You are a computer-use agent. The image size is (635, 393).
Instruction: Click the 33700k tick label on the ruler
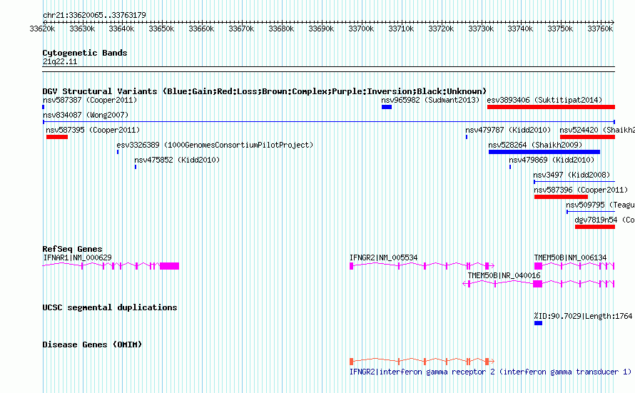click(x=361, y=29)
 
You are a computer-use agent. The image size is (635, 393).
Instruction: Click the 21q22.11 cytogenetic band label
click(x=60, y=62)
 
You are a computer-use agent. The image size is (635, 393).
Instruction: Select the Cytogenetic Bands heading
click(x=84, y=53)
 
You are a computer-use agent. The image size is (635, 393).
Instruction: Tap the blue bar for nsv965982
click(x=387, y=107)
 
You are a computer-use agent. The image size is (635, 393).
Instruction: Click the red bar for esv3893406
click(x=550, y=107)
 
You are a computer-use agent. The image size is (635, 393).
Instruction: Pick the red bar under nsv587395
click(x=56, y=137)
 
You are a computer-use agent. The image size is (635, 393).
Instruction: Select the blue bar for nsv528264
click(x=544, y=152)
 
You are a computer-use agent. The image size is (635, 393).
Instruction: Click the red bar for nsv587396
click(x=560, y=197)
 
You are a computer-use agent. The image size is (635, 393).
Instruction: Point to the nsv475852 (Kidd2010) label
click(x=177, y=160)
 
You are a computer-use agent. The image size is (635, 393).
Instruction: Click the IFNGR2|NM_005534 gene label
click(x=383, y=257)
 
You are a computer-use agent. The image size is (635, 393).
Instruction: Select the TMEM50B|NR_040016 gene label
click(x=504, y=275)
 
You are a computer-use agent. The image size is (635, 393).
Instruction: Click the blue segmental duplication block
click(x=538, y=323)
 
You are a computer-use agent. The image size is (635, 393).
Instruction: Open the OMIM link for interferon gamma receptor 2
click(x=490, y=372)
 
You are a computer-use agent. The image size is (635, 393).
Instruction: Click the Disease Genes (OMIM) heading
click(x=92, y=344)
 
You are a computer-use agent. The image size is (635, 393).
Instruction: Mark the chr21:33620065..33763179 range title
click(x=94, y=15)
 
